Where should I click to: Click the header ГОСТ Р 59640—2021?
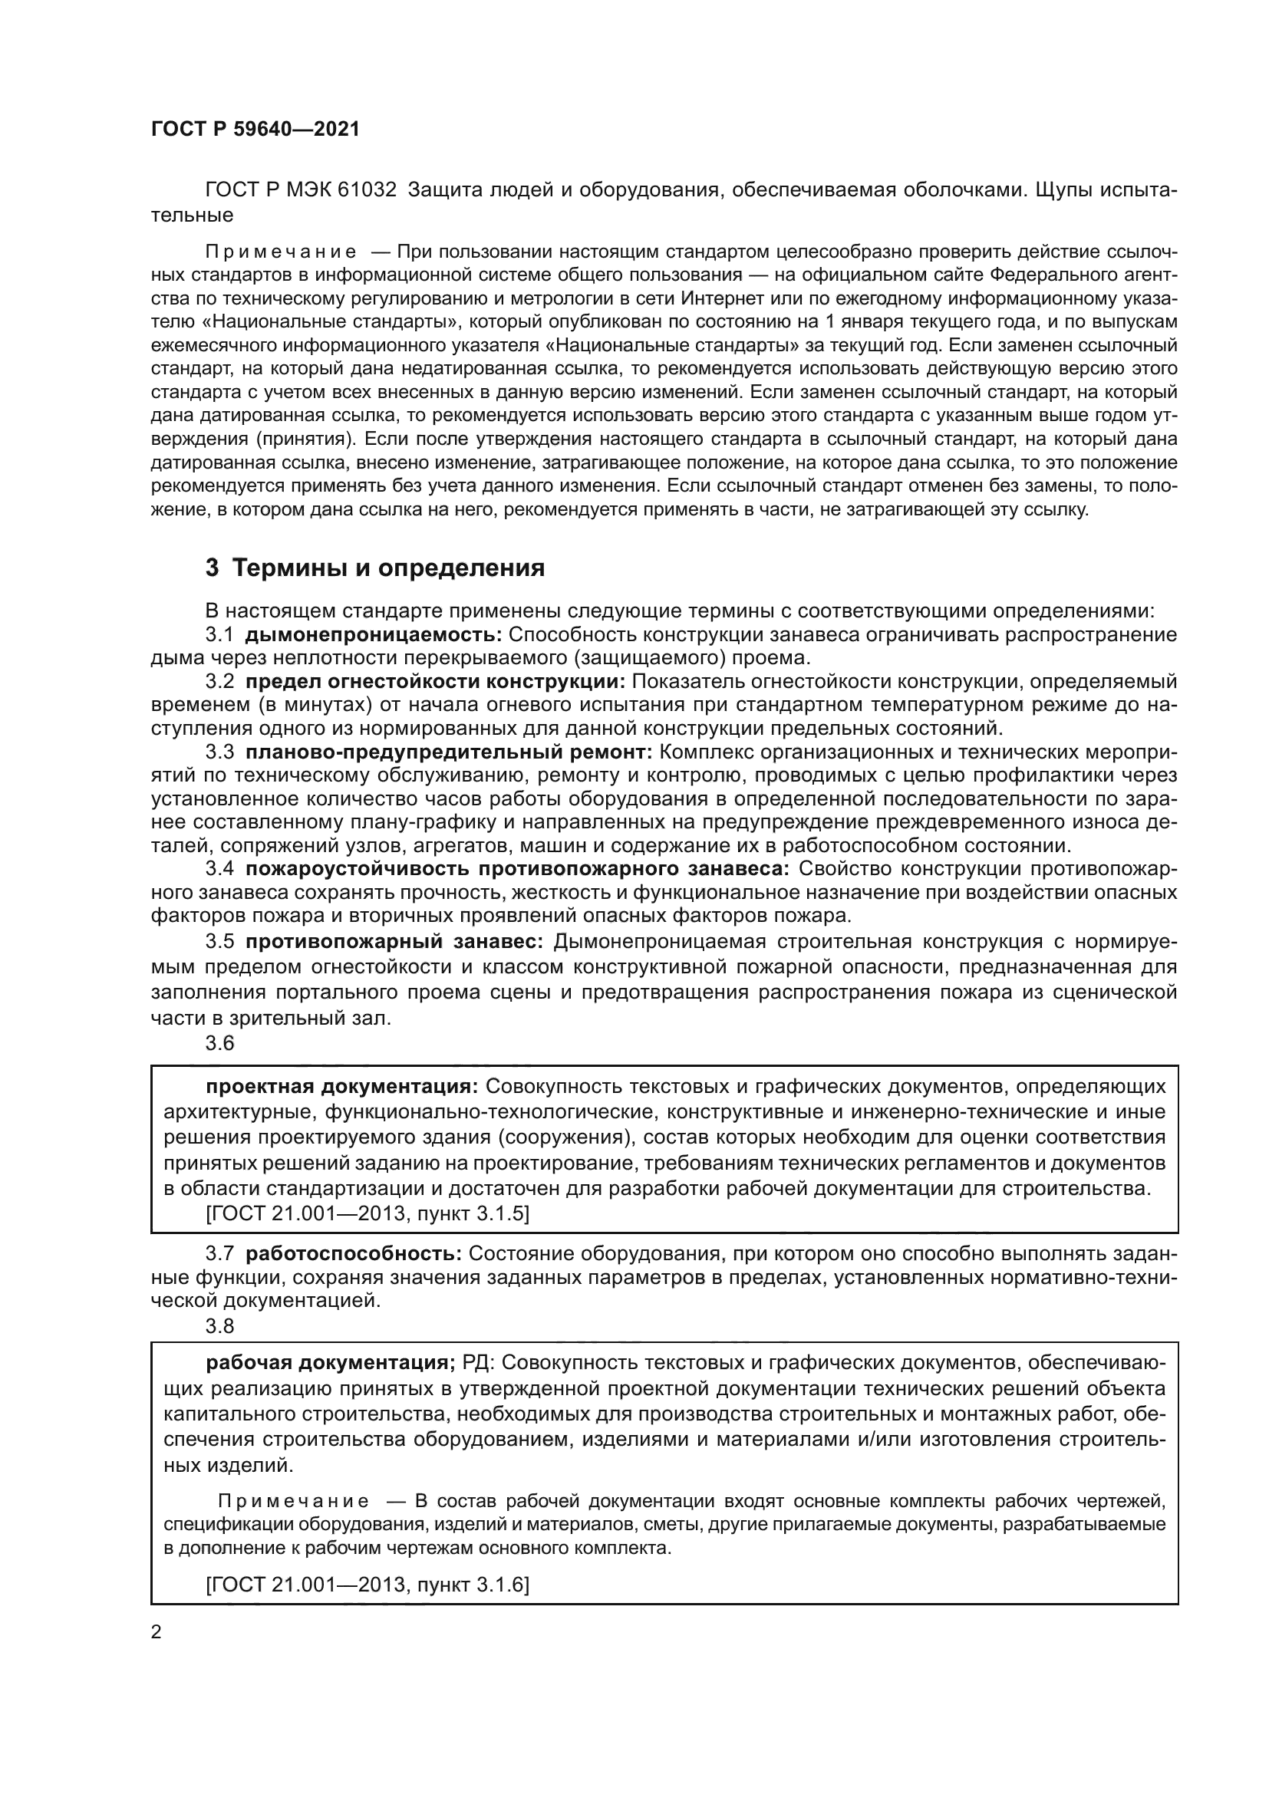point(255,130)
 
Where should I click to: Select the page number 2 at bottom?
point(157,1631)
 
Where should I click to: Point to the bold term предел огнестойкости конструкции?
point(435,681)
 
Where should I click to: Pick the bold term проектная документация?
point(342,1086)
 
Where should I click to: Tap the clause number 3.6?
point(219,1043)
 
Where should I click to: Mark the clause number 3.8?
point(219,1326)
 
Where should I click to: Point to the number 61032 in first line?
point(368,190)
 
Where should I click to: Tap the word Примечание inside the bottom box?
point(294,1501)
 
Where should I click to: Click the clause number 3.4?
point(219,868)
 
